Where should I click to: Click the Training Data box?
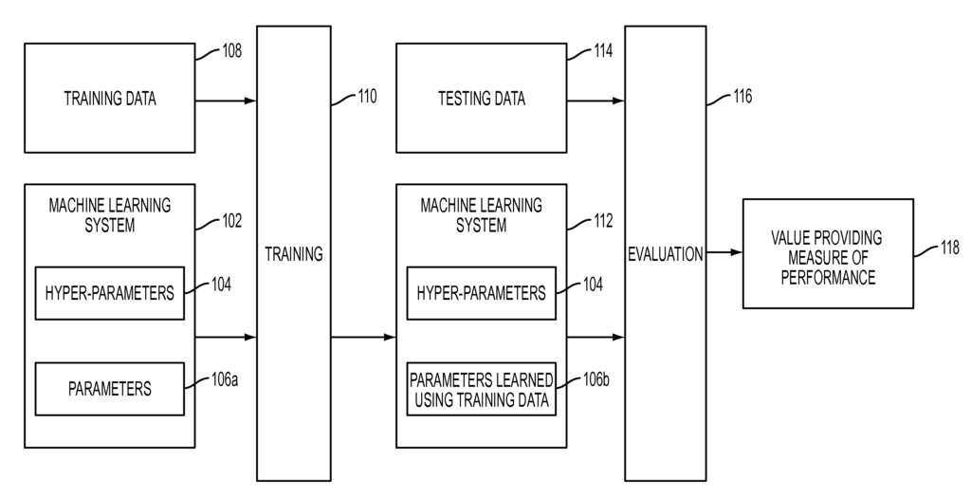[109, 99]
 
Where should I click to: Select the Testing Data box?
[481, 99]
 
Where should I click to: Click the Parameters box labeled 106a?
[109, 389]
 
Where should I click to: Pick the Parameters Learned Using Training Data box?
[481, 389]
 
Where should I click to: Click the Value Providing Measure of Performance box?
[816, 253]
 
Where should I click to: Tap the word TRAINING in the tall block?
[293, 253]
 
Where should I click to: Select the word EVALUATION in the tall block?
[665, 253]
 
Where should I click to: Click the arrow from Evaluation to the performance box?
[724, 253]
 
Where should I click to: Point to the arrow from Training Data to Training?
[226, 100]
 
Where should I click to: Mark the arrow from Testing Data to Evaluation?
[595, 100]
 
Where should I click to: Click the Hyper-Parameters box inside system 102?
[109, 293]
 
